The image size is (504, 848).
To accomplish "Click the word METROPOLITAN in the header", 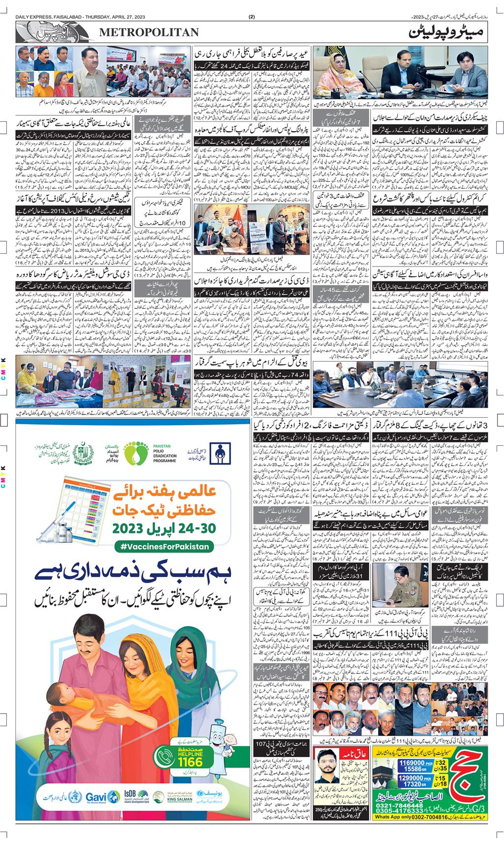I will click(150, 32).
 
